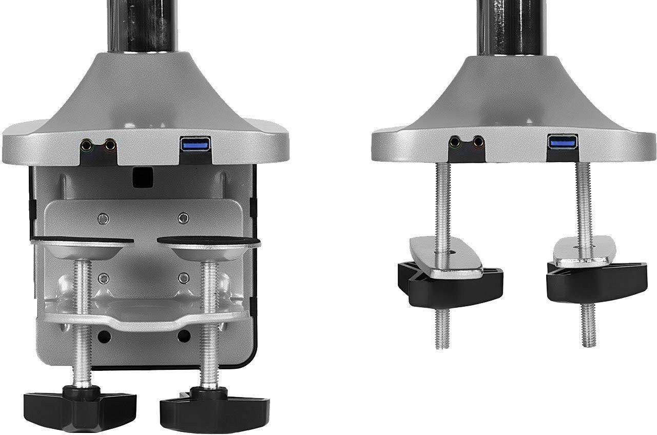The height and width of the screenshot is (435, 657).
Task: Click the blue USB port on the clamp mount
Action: pyautogui.click(x=196, y=144)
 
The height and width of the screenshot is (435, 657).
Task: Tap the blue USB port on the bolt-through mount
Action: pyautogui.click(x=563, y=142)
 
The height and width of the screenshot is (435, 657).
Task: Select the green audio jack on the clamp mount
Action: pyautogui.click(x=88, y=146)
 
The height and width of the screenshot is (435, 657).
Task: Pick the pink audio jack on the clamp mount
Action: pyautogui.click(x=109, y=146)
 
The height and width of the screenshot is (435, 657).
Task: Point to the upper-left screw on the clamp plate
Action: pyautogui.click(x=103, y=219)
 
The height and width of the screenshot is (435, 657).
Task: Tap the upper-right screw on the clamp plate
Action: pyautogui.click(x=183, y=219)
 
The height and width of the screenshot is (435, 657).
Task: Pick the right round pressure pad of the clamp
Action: pyautogui.click(x=208, y=245)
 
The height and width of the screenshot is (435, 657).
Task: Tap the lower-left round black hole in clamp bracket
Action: pyautogui.click(x=104, y=337)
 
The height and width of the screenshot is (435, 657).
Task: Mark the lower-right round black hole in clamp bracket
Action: pyautogui.click(x=184, y=337)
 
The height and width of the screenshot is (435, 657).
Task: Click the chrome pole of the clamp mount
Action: pyautogui.click(x=142, y=26)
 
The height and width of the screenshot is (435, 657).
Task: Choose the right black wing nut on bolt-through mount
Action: pyautogui.click(x=595, y=282)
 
